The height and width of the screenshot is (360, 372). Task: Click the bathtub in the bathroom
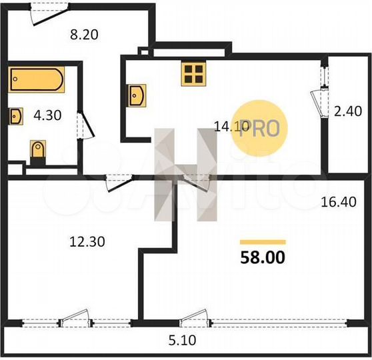click(37, 80)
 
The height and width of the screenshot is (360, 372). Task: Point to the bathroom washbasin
click(16, 116)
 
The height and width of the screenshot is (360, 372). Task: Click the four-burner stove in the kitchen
click(193, 73)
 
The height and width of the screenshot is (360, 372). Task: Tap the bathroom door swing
click(81, 125)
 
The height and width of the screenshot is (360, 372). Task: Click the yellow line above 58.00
click(263, 242)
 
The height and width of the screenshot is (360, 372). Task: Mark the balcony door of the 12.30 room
click(73, 321)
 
